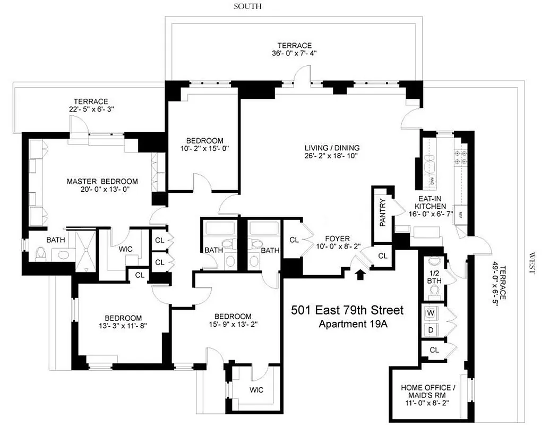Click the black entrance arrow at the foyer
click(362, 274)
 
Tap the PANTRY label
click(382, 214)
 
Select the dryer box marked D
click(431, 330)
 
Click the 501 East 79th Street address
click(347, 310)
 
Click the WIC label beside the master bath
click(126, 249)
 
